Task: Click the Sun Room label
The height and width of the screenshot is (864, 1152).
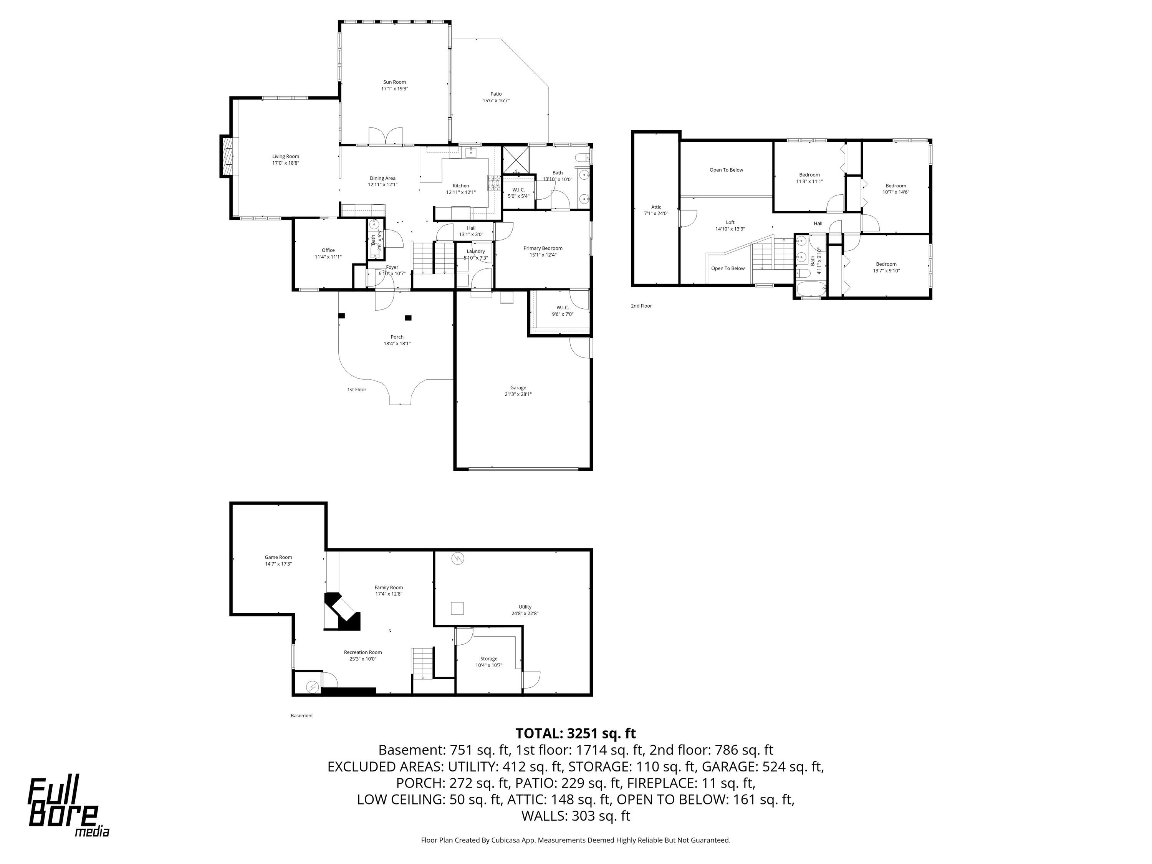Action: (x=394, y=82)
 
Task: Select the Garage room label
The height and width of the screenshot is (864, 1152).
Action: (x=518, y=387)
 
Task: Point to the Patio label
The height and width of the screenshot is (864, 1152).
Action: (x=496, y=94)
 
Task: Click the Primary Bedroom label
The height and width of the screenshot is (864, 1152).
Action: (x=543, y=248)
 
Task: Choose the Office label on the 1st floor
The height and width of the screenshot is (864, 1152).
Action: (x=328, y=250)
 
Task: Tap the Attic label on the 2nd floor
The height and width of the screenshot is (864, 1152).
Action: (x=656, y=207)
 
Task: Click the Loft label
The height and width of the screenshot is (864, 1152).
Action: (x=730, y=222)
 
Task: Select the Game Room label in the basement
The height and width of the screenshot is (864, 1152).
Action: (x=278, y=557)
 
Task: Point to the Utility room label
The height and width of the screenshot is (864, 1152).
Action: (x=525, y=607)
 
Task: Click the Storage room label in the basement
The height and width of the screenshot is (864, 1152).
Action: (x=488, y=659)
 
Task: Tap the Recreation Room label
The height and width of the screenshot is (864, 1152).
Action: (x=362, y=652)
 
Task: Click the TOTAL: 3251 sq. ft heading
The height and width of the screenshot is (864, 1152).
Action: (x=576, y=733)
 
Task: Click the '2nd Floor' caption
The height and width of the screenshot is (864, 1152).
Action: (x=641, y=306)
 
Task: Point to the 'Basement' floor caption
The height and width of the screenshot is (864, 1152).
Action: (x=301, y=715)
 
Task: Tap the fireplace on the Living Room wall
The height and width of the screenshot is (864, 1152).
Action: (x=227, y=156)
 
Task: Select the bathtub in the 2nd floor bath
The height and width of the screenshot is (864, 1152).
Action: (x=810, y=290)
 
